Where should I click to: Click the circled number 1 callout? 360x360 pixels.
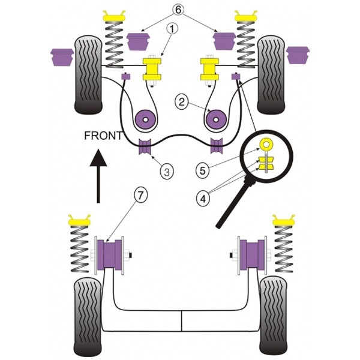coord(172,29)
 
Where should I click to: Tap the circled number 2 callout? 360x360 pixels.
coord(182,102)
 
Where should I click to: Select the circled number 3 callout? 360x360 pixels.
coord(167,171)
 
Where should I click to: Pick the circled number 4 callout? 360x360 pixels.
coord(203,199)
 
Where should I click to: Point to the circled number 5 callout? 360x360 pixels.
coord(202,170)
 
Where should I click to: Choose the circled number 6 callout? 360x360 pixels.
coord(178,10)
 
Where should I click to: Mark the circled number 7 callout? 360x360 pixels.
coord(140,196)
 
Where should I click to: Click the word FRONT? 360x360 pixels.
coord(104,136)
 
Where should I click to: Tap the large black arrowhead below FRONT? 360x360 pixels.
coord(98,158)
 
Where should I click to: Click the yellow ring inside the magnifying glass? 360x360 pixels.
coord(266,145)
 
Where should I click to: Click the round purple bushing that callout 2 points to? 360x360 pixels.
coord(146,120)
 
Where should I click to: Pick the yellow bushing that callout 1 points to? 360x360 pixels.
coord(152,70)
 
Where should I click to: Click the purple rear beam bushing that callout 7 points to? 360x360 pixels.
coord(110,254)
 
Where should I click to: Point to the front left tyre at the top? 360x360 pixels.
coord(88,75)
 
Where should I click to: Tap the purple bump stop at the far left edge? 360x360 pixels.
coord(62,57)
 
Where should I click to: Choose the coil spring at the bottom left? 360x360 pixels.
coord(79,249)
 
